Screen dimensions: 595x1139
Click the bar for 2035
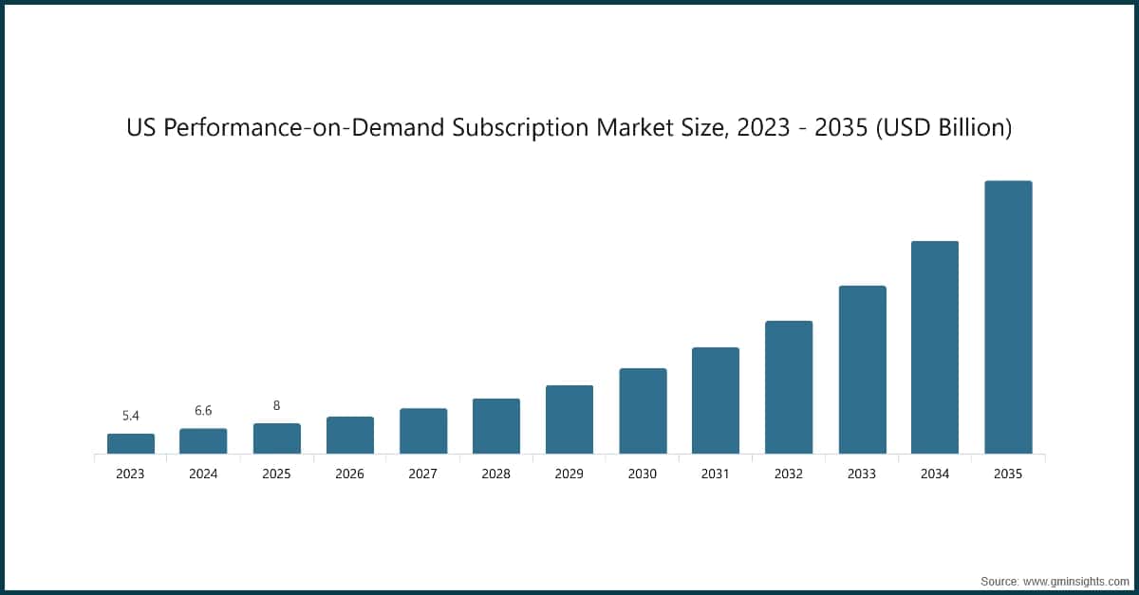point(1008,317)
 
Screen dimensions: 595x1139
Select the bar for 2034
point(935,347)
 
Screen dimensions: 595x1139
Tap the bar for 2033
point(862,369)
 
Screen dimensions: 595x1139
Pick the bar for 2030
point(643,411)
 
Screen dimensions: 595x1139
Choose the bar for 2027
point(423,431)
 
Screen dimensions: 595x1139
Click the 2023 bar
point(131,443)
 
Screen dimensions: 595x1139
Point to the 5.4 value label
point(131,416)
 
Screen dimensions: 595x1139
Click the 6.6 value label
point(203,411)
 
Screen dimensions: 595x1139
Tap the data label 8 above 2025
point(276,405)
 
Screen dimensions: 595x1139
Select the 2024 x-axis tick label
point(203,474)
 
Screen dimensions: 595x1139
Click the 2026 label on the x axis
point(349,474)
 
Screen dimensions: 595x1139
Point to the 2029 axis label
point(569,474)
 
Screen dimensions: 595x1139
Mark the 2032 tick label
point(789,474)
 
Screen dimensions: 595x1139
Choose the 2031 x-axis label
point(716,474)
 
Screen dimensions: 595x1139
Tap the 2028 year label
point(496,474)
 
